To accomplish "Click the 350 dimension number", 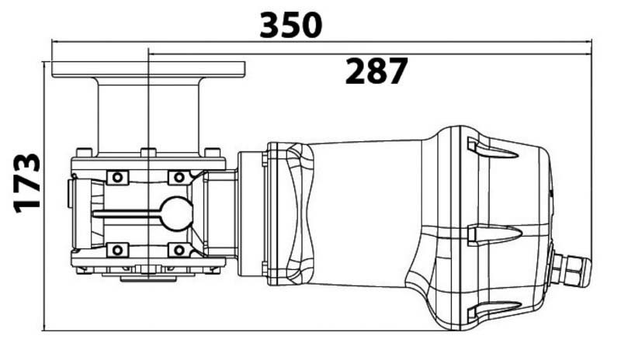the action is (291, 26).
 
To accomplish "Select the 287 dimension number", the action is (376, 71).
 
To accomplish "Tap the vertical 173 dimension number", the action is (27, 183).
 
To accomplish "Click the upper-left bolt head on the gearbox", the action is (117, 177).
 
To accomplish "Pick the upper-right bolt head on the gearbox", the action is (179, 177).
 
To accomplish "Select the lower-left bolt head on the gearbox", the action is (117, 251).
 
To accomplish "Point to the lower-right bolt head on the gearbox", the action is (179, 251).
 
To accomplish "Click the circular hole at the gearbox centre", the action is (177, 214).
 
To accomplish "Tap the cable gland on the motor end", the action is (571, 270).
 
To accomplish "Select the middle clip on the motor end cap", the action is (493, 234).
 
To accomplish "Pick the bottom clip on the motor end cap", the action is (493, 310).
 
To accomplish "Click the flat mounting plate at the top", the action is (148, 69).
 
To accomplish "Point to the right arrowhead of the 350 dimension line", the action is (588, 41).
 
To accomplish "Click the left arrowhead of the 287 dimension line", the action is (151, 54).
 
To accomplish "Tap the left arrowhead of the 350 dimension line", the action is (55, 41).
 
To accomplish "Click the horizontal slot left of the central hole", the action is (127, 214).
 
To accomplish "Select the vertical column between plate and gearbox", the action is (148, 116).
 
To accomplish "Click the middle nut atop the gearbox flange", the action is (148, 153).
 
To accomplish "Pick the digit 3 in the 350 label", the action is (269, 26).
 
